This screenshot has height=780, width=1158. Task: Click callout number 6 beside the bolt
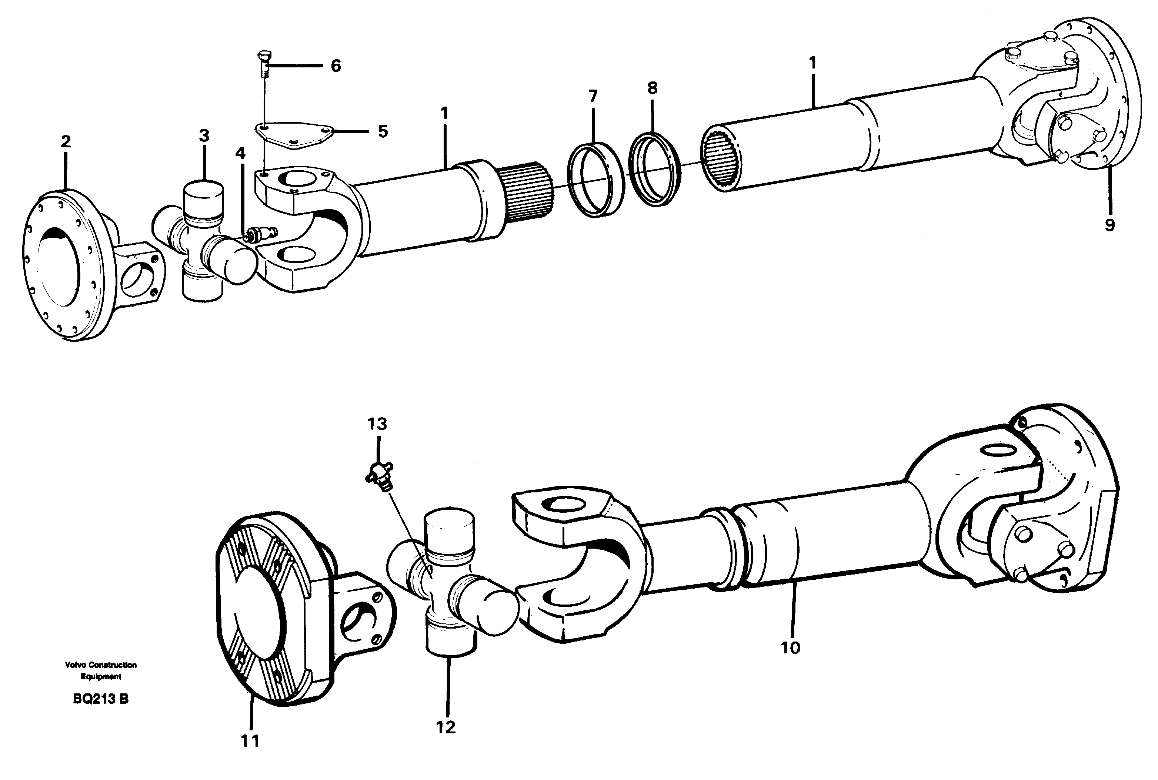coord(336,66)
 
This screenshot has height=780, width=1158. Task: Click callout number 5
coord(382,132)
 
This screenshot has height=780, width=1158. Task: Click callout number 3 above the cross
coord(204,136)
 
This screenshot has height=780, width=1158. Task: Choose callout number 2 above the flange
coord(66,142)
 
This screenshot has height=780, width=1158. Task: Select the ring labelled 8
coord(655,169)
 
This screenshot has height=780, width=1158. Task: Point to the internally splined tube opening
coord(721,158)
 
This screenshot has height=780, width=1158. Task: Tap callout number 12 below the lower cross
coord(445,728)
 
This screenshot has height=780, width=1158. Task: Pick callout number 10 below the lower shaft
coord(790,648)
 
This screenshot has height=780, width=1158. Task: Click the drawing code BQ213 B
coord(100,699)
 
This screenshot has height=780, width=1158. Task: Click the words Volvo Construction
coord(100,665)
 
